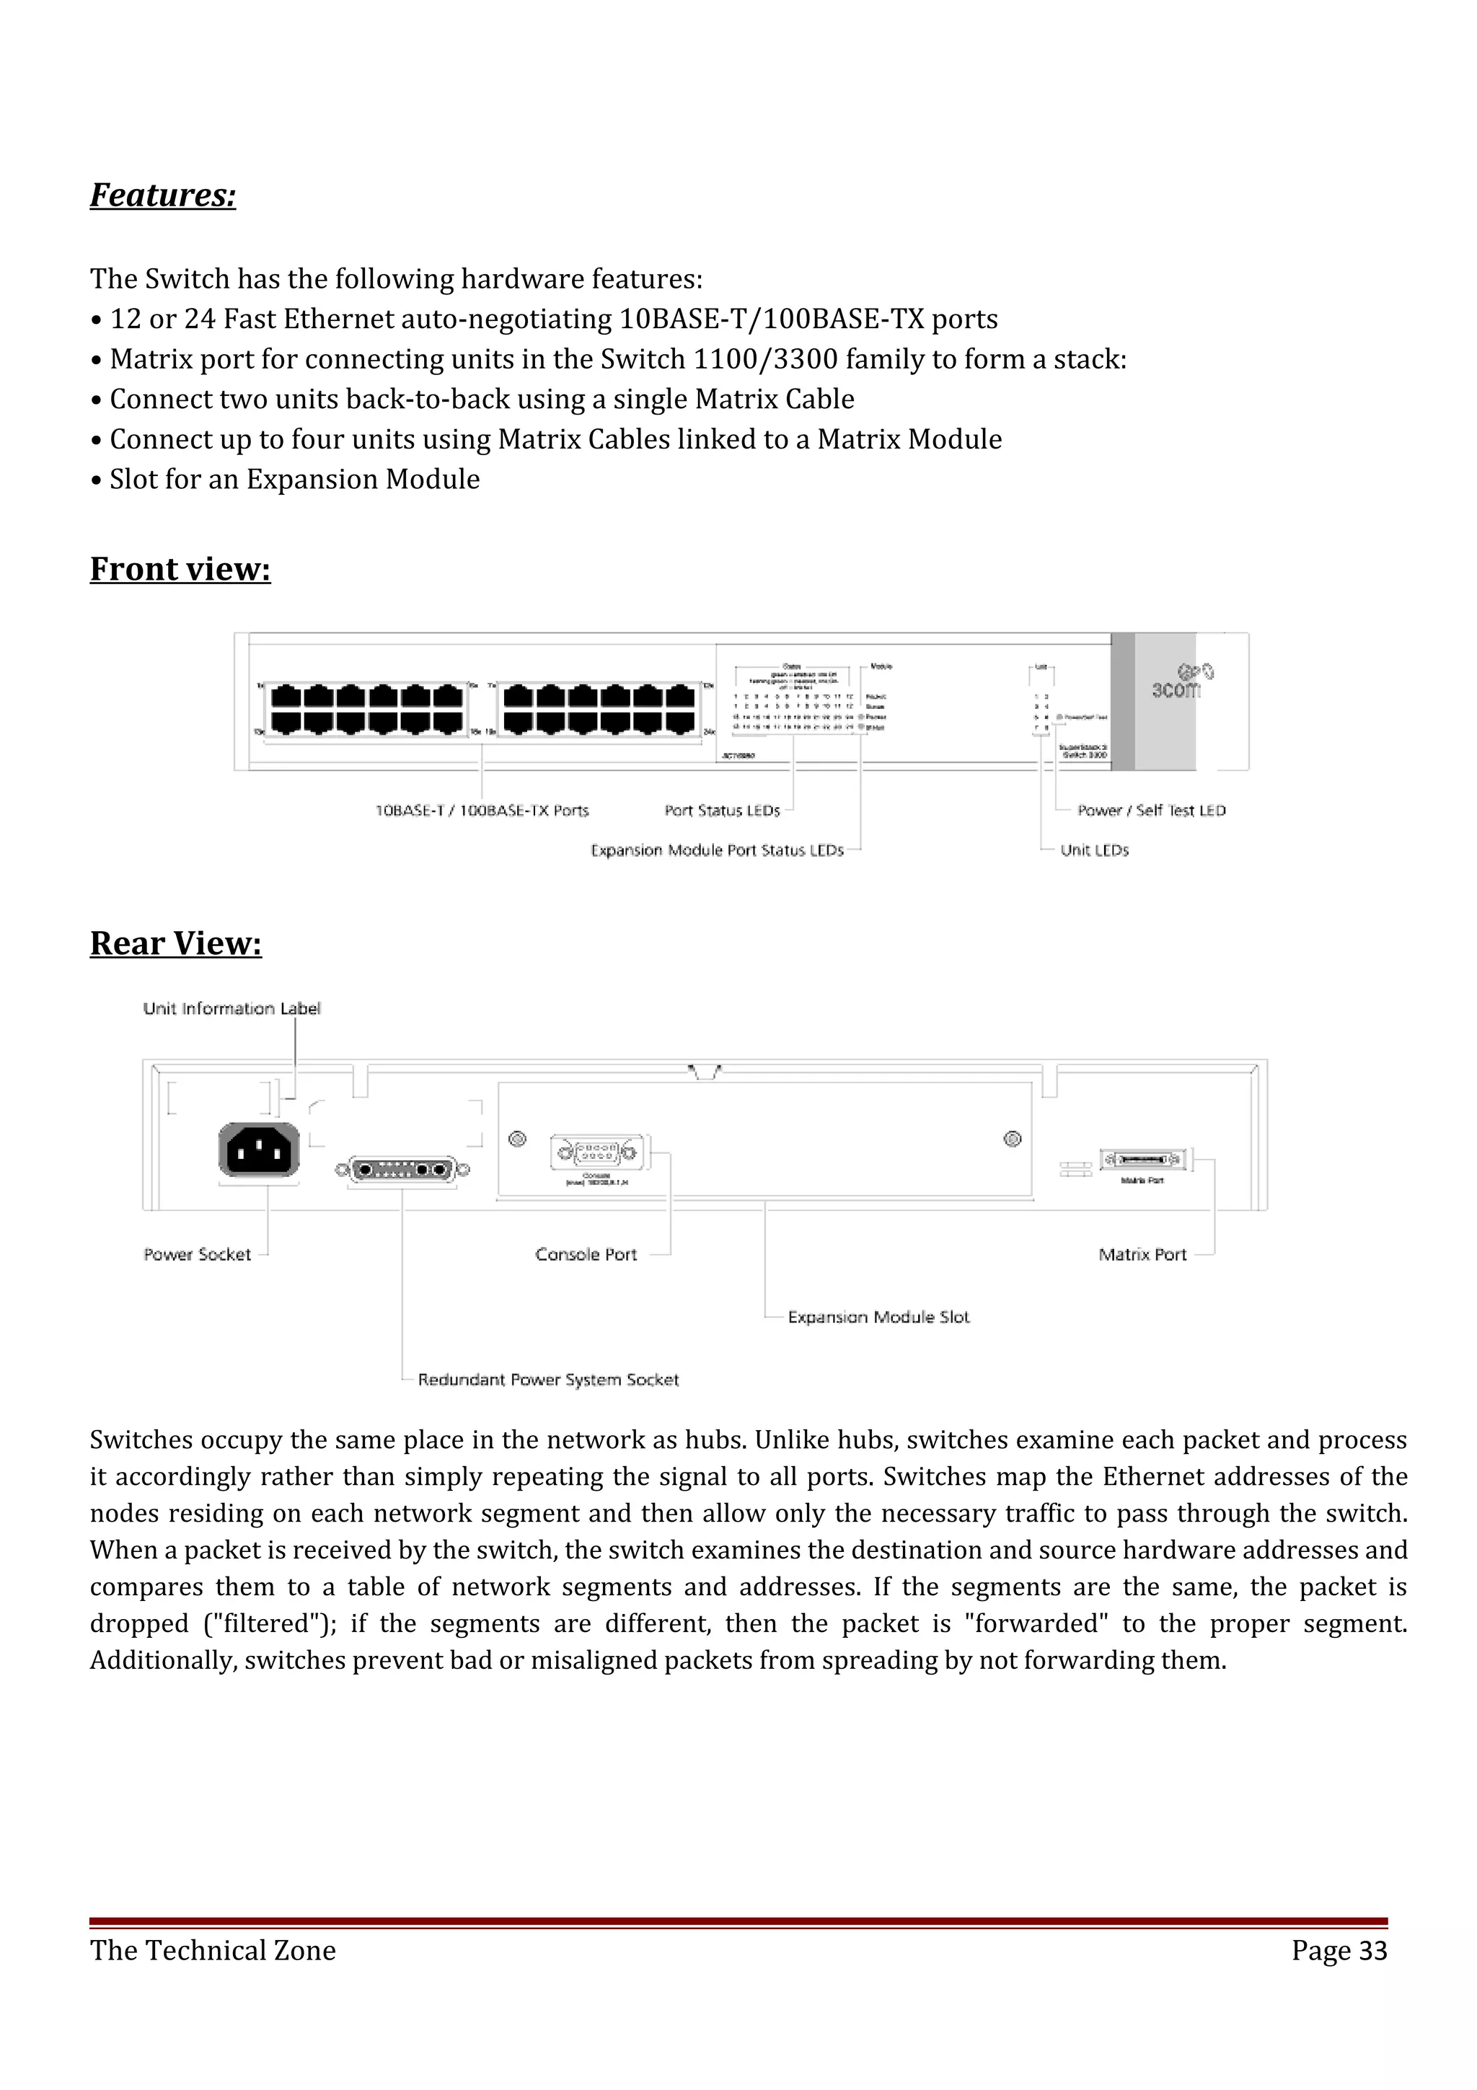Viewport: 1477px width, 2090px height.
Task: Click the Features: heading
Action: pos(163,195)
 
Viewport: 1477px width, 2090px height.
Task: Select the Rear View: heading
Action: pos(176,943)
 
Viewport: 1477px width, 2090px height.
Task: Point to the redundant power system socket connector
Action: pos(402,1170)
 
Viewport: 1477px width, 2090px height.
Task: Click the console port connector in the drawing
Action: pos(597,1154)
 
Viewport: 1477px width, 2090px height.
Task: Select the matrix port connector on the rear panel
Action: pos(1143,1160)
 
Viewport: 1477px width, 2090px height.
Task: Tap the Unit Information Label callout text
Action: pos(232,1009)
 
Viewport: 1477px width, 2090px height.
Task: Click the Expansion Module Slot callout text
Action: pos(878,1317)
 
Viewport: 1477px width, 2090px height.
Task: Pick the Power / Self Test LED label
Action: pos(1151,810)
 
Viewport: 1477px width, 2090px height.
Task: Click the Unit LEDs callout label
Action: pos(1094,850)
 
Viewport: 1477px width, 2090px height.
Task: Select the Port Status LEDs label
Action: pos(723,810)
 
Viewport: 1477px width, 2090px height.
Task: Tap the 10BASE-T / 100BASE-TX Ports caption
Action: pos(482,810)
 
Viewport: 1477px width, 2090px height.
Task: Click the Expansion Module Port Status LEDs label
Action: pos(717,850)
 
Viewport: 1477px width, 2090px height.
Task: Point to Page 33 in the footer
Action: pos(1339,1951)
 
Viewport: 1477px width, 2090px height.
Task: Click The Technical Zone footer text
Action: pos(213,1951)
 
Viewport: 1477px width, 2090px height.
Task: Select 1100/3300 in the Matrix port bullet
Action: pos(765,360)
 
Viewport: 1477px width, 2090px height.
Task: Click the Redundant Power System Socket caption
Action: pos(548,1380)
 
